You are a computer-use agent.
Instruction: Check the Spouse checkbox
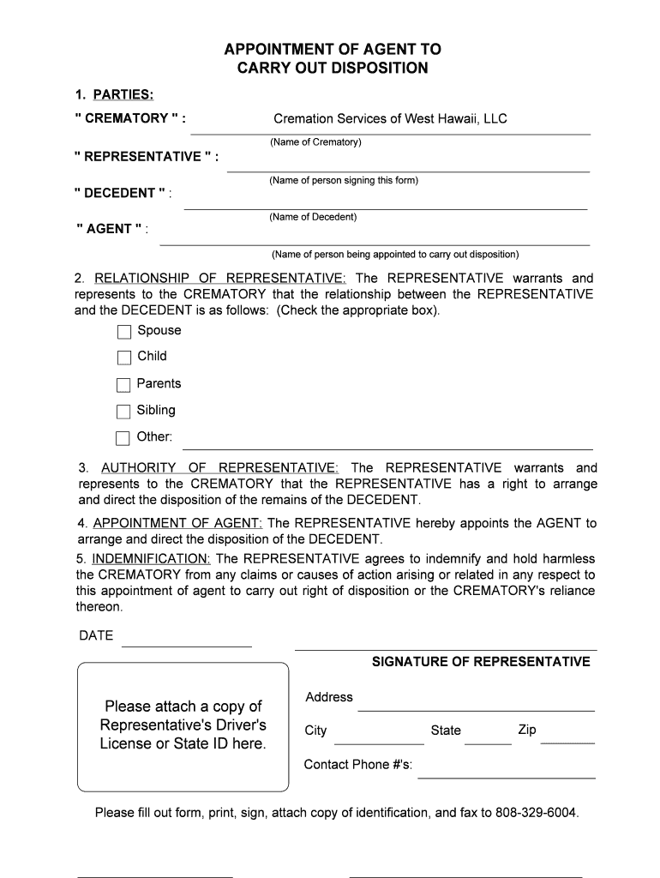pos(124,332)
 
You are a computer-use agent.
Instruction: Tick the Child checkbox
pos(124,358)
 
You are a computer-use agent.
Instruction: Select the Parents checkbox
pos(124,385)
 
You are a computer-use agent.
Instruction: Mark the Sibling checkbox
pos(124,412)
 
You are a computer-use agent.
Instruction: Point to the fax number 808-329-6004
pos(537,812)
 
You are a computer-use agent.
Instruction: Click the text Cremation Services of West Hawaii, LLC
pos(390,118)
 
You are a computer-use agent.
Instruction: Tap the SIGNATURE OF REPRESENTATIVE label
pos(481,662)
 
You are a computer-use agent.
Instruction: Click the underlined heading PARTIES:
pos(123,93)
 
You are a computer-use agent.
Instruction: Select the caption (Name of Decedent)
pos(313,217)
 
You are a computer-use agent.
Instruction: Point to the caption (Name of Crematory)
pos(315,141)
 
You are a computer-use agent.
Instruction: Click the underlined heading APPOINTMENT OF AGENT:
pos(178,523)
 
